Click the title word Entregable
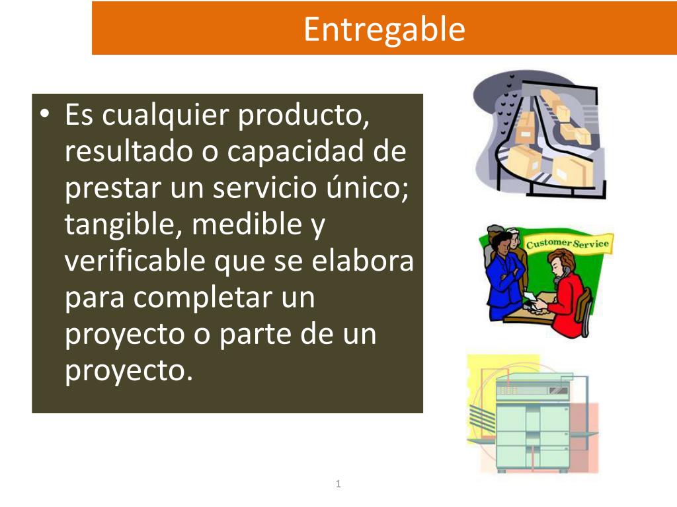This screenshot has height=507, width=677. coord(384,29)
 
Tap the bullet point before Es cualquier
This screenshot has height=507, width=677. coord(44,116)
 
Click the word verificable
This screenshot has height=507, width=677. coord(136,262)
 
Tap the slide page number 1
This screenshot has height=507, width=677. coord(338,485)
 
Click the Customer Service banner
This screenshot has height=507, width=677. coord(567,243)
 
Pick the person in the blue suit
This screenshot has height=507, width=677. coord(504,277)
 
